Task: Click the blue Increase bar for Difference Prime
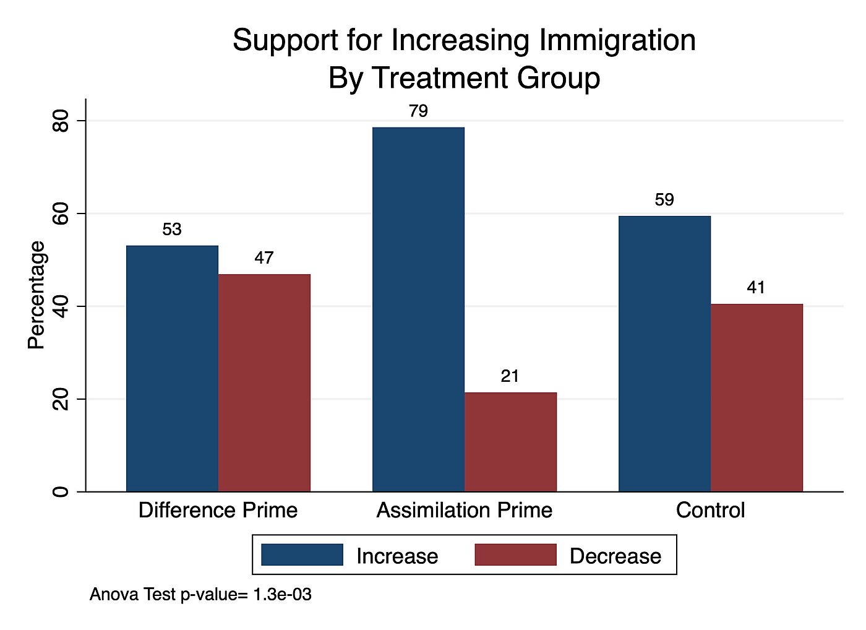pyautogui.click(x=172, y=368)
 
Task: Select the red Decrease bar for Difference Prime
pyautogui.click(x=264, y=382)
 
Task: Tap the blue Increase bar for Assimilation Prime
pyautogui.click(x=418, y=309)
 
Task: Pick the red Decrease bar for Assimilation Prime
pyautogui.click(x=510, y=442)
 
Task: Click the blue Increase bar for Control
pyautogui.click(x=664, y=353)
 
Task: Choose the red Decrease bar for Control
pyautogui.click(x=757, y=397)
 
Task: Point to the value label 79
pyautogui.click(x=418, y=111)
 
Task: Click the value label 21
pyautogui.click(x=510, y=376)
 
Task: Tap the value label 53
pyautogui.click(x=172, y=230)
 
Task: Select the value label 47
pyautogui.click(x=264, y=258)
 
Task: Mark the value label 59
pyautogui.click(x=664, y=200)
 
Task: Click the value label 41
pyautogui.click(x=756, y=288)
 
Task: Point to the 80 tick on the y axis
pyautogui.click(x=61, y=121)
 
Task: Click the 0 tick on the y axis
pyautogui.click(x=61, y=492)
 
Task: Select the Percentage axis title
pyautogui.click(x=37, y=295)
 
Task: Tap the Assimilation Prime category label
pyautogui.click(x=464, y=511)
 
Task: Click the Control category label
pyautogui.click(x=710, y=511)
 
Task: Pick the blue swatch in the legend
pyautogui.click(x=302, y=555)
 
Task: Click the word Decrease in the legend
pyautogui.click(x=615, y=556)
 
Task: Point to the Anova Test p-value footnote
pyautogui.click(x=200, y=595)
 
